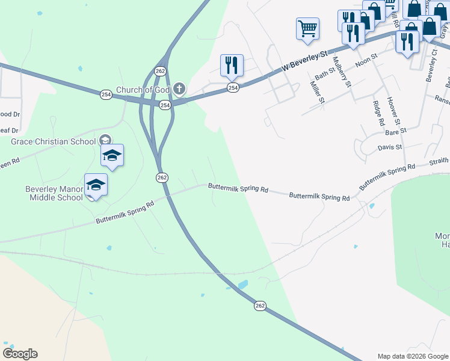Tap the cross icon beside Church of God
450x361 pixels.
[x=179, y=90]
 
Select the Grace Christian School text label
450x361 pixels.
[x=54, y=141]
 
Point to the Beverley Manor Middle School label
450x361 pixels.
[x=54, y=193]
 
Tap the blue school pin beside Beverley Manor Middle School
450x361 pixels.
[x=96, y=185]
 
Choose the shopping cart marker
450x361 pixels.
[x=307, y=28]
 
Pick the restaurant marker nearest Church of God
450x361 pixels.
[x=232, y=65]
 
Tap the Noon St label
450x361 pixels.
[x=366, y=59]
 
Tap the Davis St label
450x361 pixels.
[x=389, y=147]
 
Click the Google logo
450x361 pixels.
[x=20, y=354]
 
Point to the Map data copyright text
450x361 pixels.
[x=413, y=356]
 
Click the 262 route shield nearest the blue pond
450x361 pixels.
[x=259, y=306]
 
